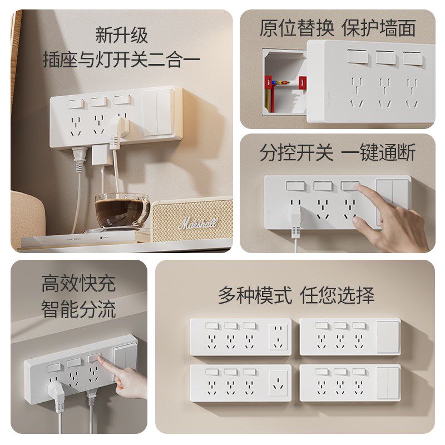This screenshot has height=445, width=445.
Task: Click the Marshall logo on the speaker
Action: point(199,223)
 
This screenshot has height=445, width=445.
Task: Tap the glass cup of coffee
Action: point(122,211)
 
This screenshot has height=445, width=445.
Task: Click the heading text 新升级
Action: point(121,35)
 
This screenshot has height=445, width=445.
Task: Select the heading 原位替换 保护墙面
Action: point(338,28)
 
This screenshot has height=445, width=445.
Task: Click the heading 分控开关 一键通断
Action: point(338,152)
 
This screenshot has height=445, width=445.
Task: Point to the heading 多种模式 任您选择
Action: point(296,295)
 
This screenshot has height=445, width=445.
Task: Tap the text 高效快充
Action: point(78,283)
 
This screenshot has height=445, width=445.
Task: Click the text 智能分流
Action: point(78,309)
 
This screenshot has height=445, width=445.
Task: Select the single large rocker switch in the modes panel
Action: point(388,337)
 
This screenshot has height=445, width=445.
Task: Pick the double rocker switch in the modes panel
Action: point(388,383)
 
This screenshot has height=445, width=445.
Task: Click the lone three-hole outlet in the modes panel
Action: point(279,383)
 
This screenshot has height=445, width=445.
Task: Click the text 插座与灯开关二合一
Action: point(121,60)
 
